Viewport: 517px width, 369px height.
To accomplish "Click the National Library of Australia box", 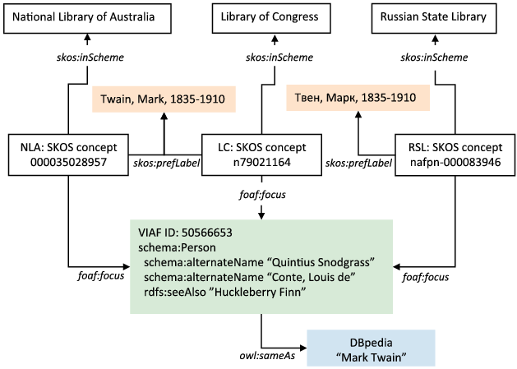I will click(87, 16).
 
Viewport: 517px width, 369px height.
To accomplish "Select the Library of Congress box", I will click(262, 16).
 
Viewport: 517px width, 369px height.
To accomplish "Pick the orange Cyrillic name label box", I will click(352, 99).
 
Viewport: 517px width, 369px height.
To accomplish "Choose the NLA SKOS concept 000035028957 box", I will click(65, 154).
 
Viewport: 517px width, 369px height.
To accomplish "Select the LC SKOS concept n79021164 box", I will click(262, 154).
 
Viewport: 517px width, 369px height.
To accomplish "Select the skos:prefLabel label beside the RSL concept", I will click(358, 164).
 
